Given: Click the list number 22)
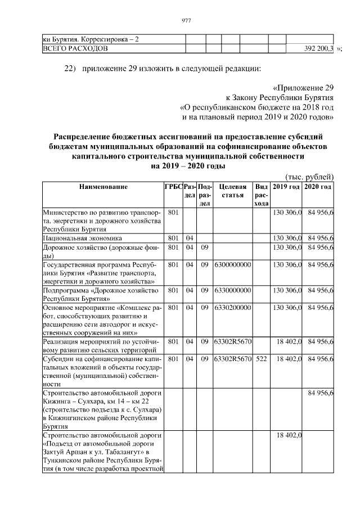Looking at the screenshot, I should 69,69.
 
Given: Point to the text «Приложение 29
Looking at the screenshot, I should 303,88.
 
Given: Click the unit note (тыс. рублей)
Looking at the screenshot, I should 310,176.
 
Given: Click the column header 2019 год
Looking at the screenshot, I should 286,187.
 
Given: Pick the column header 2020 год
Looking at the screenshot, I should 318,187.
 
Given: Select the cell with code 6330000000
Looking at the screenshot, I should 232,290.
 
